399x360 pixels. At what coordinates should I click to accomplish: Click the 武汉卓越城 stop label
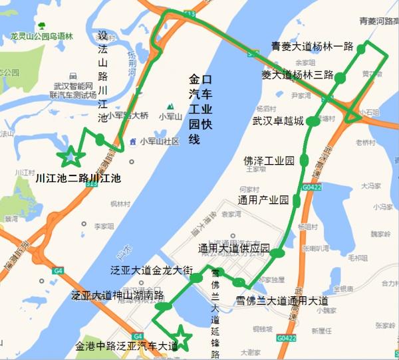tap(277, 122)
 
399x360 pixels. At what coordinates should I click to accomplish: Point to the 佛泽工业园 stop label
tap(269, 161)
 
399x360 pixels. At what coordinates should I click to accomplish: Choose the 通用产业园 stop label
tap(263, 200)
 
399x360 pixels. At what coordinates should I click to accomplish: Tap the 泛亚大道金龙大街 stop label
tap(152, 271)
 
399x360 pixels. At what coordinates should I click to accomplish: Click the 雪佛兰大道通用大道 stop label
tap(282, 300)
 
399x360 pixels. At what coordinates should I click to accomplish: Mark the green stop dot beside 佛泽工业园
tap(305, 160)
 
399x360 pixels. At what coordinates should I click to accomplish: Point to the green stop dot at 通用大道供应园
tap(278, 252)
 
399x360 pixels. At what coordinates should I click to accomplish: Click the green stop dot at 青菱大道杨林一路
tap(362, 48)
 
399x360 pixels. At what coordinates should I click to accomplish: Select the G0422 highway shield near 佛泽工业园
tap(307, 189)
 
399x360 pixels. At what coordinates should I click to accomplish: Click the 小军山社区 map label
tap(159, 141)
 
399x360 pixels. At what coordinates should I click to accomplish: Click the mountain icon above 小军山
tap(170, 106)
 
